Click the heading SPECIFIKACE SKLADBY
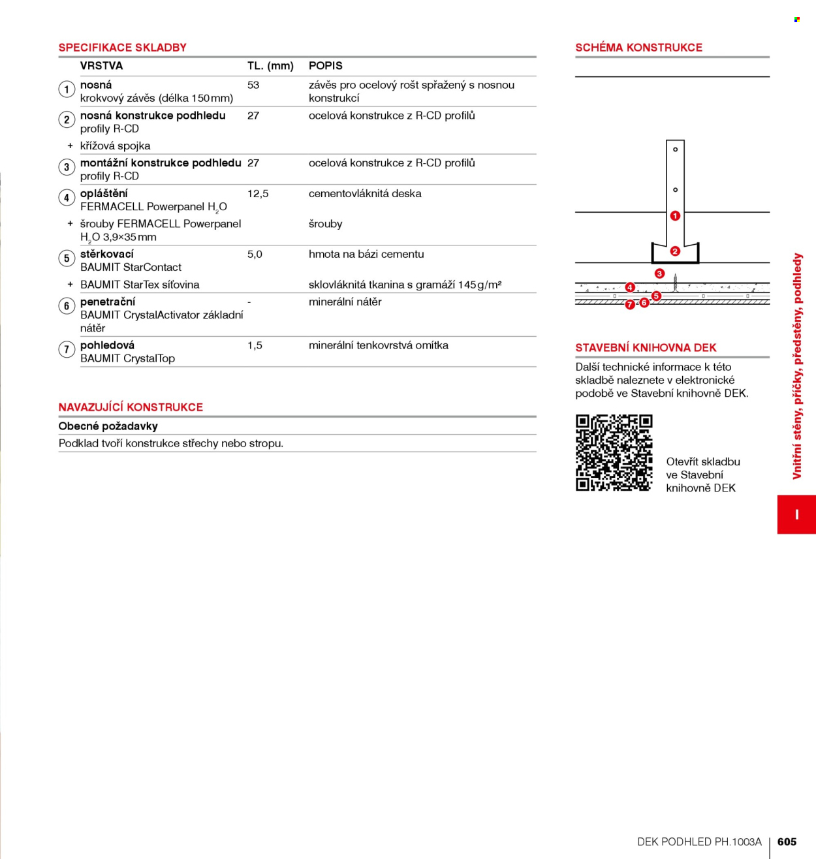click(x=122, y=48)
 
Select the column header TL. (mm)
click(x=270, y=66)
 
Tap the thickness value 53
click(x=253, y=86)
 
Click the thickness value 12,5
click(x=258, y=194)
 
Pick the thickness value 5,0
click(x=255, y=255)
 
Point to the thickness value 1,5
click(x=255, y=345)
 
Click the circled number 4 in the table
click(x=67, y=198)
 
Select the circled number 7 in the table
click(x=67, y=350)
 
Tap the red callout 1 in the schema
click(x=675, y=216)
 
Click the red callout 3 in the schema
click(x=659, y=274)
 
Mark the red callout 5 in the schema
click(x=656, y=296)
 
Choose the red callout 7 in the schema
click(x=630, y=305)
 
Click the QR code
click(x=614, y=453)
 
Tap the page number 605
click(x=787, y=841)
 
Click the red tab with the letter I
click(x=796, y=514)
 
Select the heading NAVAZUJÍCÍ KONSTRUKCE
click(x=131, y=407)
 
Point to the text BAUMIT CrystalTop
click(x=128, y=359)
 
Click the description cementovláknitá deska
click(x=365, y=194)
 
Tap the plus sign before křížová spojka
click(x=70, y=146)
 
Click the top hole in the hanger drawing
click(x=675, y=149)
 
